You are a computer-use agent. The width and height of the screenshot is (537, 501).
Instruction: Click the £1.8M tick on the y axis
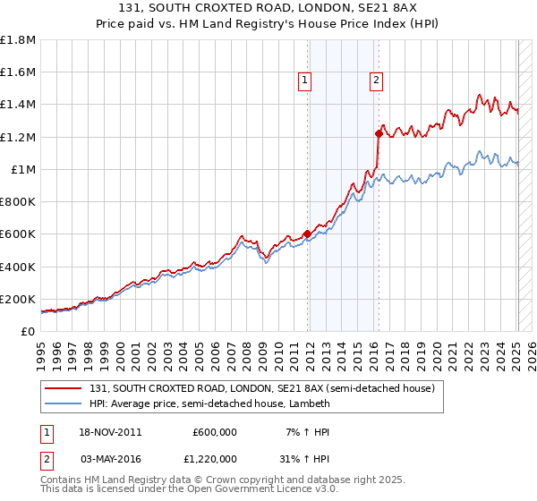19,40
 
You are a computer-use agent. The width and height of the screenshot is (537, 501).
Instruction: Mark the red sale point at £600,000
307,234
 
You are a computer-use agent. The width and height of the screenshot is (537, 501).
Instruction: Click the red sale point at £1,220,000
379,134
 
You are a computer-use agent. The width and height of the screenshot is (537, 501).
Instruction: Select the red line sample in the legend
64,388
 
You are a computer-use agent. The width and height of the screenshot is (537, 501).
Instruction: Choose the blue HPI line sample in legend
64,403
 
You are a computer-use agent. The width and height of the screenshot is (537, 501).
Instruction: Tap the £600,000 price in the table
215,432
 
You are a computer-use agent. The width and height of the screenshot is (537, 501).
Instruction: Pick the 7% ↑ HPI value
309,432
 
